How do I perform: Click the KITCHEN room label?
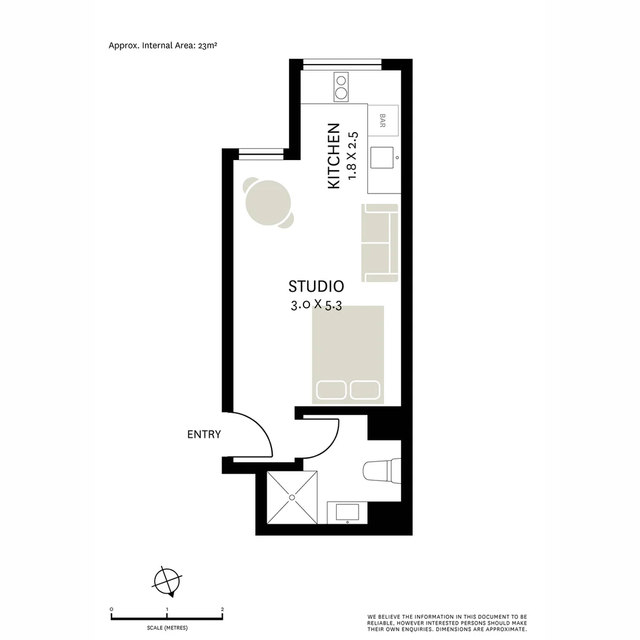pos(334,156)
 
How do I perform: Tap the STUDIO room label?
pos(316,287)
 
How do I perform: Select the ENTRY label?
pos(204,434)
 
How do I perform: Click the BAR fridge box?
pos(383,121)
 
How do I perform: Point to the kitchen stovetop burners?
pos(341,87)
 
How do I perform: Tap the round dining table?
pos(270,203)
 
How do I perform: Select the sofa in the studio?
pos(380,243)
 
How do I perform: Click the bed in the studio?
pos(348,354)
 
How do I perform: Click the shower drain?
pos(292,497)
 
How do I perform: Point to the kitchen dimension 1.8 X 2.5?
pos(353,155)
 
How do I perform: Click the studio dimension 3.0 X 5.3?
pos(315,306)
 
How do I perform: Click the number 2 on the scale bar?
pos(222,609)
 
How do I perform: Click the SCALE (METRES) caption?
pos(167,627)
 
